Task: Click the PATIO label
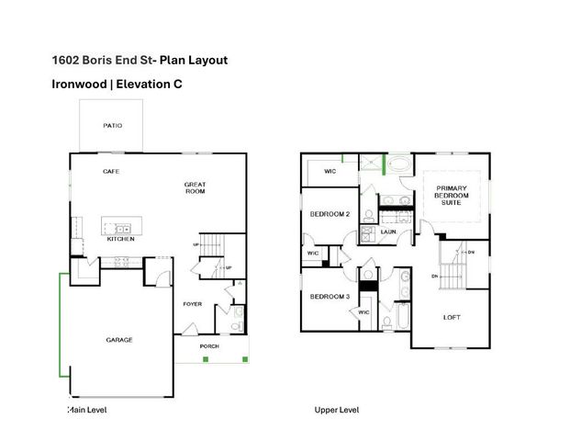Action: pos(112,126)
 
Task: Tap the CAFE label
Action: pos(111,171)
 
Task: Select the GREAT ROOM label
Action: pos(195,188)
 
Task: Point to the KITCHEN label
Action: pos(120,239)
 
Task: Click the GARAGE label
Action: pos(117,339)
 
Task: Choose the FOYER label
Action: pos(192,303)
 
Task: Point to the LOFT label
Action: pos(451,317)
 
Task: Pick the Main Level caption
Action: pos(87,410)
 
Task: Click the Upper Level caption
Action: pos(337,410)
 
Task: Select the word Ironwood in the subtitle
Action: pos(80,85)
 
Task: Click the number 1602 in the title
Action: pos(65,61)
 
